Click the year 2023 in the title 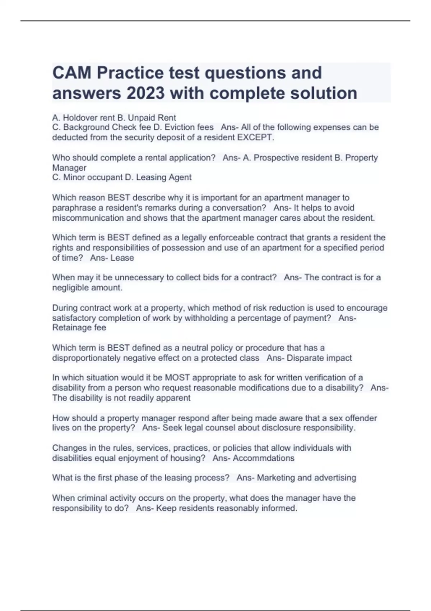145,93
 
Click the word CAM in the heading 72,73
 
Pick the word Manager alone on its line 69,167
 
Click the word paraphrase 69,208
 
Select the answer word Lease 122,258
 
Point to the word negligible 69,288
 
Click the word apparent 176,398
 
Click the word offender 361,418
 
